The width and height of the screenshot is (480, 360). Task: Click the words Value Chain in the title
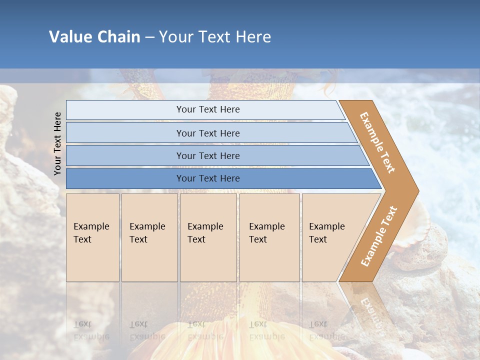point(94,36)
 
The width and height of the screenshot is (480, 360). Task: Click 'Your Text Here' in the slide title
point(215,36)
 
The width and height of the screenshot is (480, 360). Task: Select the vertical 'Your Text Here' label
point(57,143)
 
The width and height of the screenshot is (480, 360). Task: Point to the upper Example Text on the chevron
point(377,142)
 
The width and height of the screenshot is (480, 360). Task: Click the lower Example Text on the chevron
point(379,236)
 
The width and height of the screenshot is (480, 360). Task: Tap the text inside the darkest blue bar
point(208,178)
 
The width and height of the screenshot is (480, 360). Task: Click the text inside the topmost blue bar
point(208,109)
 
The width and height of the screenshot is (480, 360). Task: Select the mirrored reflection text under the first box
point(91,330)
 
